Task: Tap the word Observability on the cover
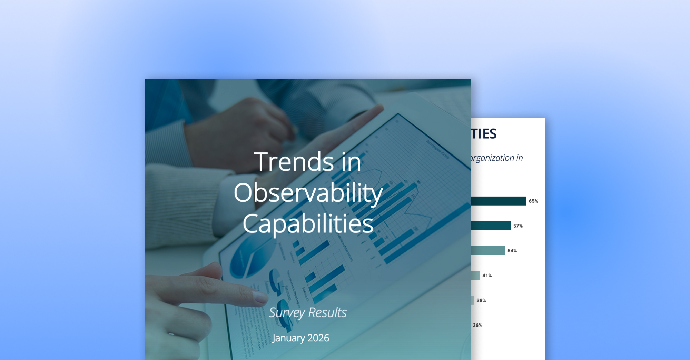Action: [308, 193]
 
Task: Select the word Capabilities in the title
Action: [308, 224]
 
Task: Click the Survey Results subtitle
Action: [308, 312]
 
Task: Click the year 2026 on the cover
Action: [318, 338]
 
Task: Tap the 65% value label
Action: [533, 201]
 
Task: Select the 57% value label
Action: [518, 226]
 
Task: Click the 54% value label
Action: [512, 251]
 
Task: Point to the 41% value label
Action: [487, 276]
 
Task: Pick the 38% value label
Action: [481, 300]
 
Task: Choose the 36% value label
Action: [477, 325]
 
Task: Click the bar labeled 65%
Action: [499, 201]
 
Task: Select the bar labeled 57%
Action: [491, 226]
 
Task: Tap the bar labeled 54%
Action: [488, 251]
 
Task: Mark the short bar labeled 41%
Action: [475, 276]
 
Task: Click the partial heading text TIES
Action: [484, 134]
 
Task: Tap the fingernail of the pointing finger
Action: [260, 297]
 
